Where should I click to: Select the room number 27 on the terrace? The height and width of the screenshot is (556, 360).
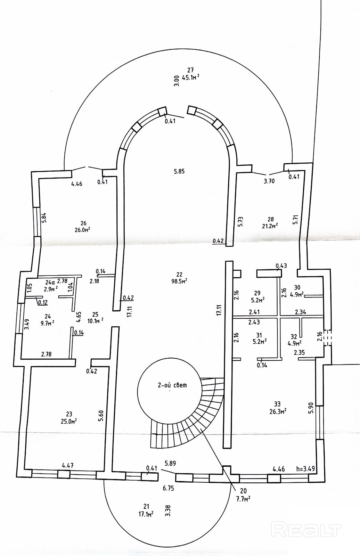pos(190,70)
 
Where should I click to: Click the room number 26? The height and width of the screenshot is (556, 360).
pos(83,223)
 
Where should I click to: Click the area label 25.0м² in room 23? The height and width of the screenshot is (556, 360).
pos(69,420)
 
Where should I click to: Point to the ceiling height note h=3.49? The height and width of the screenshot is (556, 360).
pos(305,469)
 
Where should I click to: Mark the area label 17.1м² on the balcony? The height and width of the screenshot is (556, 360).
pos(146,513)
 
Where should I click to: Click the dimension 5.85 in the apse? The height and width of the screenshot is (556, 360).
pos(179,171)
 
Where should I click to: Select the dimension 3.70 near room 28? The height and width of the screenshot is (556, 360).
pos(269,181)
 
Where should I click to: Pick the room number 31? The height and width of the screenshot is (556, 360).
pos(259,335)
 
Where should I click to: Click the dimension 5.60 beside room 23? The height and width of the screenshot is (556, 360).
pos(101,416)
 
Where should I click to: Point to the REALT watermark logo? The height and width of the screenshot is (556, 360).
pos(306,530)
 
